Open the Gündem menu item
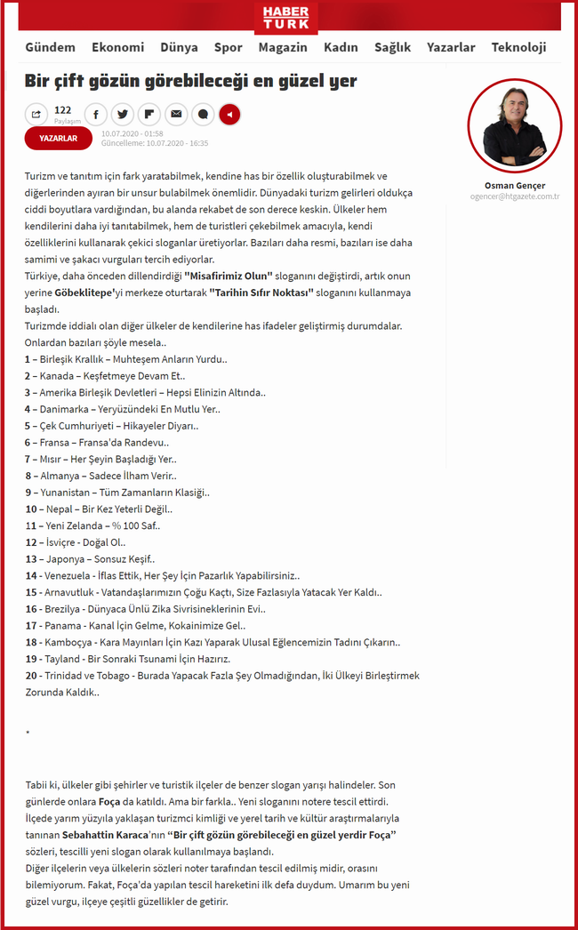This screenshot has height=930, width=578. [x=50, y=48]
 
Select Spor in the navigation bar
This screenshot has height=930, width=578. [x=228, y=48]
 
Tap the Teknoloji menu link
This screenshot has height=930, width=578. [x=518, y=48]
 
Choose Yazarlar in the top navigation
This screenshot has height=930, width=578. [x=451, y=48]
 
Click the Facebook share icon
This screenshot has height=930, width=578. [x=94, y=114]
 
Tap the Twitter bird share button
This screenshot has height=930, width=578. [x=122, y=114]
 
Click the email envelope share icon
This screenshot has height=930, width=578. [x=175, y=114]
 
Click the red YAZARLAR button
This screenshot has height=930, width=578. [x=59, y=138]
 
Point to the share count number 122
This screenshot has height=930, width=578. [x=62, y=110]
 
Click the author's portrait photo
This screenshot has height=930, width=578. [x=514, y=125]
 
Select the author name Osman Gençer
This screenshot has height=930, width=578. [x=515, y=186]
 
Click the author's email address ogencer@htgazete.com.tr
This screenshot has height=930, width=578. [x=515, y=196]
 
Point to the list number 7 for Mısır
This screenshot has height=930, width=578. [x=28, y=460]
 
